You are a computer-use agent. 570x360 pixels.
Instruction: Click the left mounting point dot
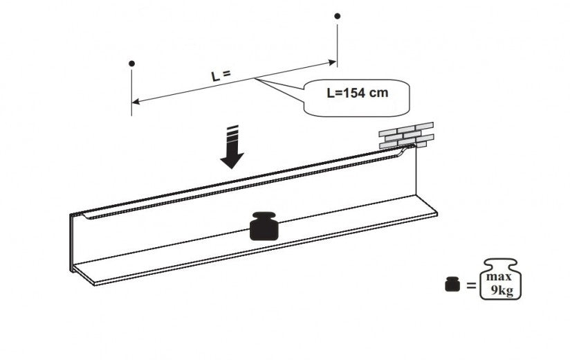131,64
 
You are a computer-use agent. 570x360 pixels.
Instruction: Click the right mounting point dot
337,15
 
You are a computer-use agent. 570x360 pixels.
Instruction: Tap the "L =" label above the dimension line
221,75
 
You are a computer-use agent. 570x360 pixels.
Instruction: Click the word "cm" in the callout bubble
379,93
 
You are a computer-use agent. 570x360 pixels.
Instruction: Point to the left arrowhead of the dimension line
136,102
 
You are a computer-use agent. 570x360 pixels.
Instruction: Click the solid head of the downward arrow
232,160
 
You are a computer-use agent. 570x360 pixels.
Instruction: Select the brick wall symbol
406,135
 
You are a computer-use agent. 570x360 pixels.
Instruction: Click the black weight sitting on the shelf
264,227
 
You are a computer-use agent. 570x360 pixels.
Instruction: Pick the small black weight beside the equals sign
452,285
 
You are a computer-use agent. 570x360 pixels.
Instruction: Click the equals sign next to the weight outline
471,285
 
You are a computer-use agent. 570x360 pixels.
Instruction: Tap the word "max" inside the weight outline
501,276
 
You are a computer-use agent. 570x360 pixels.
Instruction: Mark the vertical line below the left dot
131,90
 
